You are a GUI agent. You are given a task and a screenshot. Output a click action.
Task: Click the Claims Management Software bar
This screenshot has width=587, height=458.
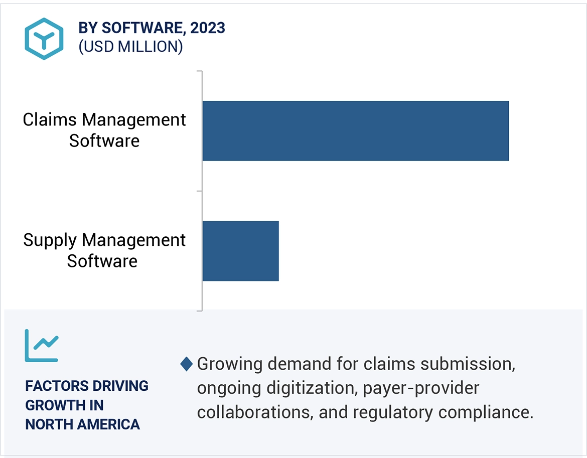pyautogui.click(x=355, y=131)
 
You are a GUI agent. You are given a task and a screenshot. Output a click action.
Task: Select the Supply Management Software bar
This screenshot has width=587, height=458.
pyautogui.click(x=240, y=251)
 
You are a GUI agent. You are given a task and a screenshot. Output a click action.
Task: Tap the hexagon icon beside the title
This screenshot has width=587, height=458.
pyautogui.click(x=44, y=39)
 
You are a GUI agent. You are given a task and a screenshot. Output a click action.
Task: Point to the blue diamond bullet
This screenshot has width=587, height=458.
pyautogui.click(x=187, y=364)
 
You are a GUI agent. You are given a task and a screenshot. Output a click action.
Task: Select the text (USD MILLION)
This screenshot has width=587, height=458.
pyautogui.click(x=130, y=47)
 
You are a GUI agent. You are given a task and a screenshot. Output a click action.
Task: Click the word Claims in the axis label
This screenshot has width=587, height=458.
pyautogui.click(x=50, y=120)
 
